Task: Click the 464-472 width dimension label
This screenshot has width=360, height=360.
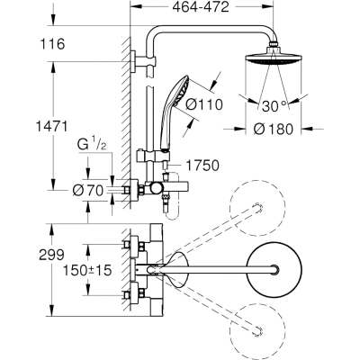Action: (201, 7)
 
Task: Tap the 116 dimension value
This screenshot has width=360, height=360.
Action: (52, 44)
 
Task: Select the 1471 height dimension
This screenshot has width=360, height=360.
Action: (51, 126)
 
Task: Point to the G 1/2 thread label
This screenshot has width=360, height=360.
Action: (92, 145)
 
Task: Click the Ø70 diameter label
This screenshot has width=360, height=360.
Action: (88, 190)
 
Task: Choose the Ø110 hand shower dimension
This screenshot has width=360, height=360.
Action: (204, 105)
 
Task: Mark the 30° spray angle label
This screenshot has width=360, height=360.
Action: (274, 106)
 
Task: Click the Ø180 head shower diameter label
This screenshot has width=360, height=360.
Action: (273, 130)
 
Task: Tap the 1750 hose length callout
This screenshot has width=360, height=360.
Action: (202, 166)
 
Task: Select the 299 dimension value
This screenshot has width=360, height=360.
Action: (52, 256)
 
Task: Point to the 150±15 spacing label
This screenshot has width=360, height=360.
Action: (87, 271)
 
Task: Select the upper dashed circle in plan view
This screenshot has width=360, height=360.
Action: (257, 208)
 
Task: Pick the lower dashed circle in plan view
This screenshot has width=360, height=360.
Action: (257, 330)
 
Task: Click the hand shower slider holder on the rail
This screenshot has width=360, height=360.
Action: (153, 156)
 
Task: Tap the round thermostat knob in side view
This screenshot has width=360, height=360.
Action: (156, 189)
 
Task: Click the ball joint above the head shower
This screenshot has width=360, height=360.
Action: (274, 45)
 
